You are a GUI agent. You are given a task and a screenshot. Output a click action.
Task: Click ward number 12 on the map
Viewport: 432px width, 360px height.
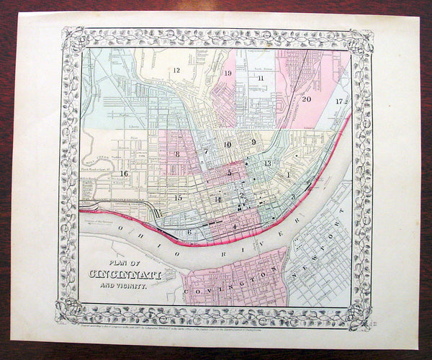(x=175, y=70)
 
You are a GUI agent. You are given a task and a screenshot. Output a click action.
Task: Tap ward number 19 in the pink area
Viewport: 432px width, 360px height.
(x=228, y=73)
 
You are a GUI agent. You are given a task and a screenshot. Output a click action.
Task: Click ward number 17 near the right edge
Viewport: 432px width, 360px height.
(x=338, y=101)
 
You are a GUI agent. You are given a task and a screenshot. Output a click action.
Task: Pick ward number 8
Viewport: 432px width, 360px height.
(x=177, y=154)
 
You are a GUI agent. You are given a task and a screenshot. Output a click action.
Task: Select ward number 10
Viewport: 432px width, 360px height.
(x=228, y=145)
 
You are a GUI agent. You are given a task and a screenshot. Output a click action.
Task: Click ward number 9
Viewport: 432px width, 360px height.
(x=254, y=142)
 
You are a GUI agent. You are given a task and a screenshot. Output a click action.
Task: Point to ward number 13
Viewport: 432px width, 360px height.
(x=267, y=164)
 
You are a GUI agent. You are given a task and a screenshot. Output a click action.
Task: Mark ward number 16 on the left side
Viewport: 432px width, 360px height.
(x=124, y=174)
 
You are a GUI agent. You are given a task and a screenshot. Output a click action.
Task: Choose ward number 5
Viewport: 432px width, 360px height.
(x=230, y=173)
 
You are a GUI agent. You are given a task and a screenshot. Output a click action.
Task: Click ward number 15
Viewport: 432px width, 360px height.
(x=178, y=197)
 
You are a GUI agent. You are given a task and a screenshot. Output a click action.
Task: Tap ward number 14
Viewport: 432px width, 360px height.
(x=217, y=199)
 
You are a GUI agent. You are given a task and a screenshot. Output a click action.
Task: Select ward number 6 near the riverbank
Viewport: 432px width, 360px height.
(x=189, y=231)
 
